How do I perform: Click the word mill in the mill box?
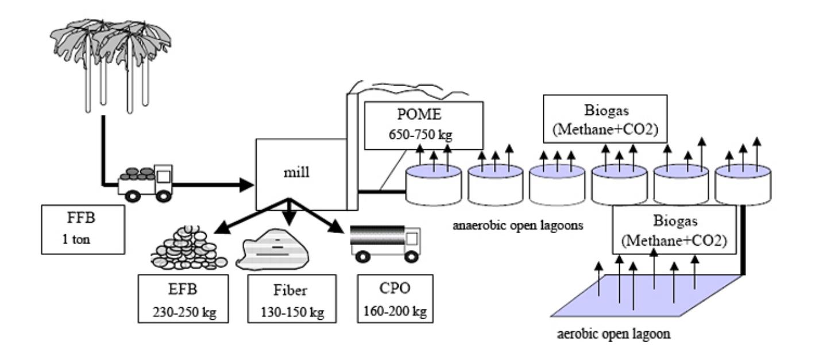296,172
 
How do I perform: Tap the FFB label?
81,218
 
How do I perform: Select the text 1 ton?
76,239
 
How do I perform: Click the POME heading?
419,114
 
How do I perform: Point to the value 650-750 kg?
420,135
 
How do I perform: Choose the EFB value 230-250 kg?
184,312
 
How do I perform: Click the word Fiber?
290,290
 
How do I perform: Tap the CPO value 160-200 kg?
395,311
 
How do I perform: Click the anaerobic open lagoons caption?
517,226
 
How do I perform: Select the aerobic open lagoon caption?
613,334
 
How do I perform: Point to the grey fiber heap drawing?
272,249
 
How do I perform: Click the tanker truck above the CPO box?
385,243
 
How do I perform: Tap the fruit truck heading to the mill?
145,184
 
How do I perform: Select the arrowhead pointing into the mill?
246,185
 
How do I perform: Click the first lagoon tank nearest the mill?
433,184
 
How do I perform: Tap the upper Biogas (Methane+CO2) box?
605,119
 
